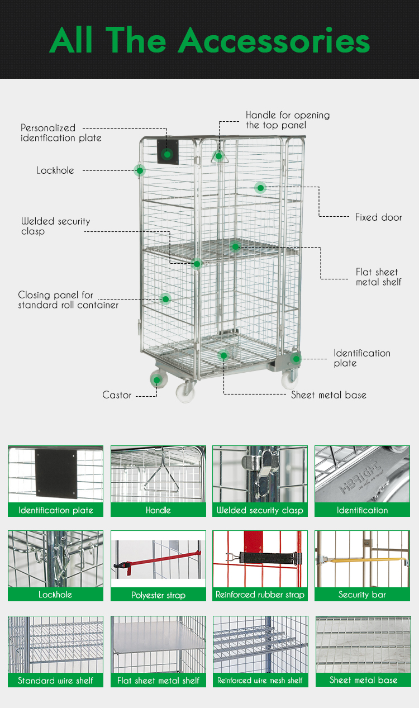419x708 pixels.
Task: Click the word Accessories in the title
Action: (274, 40)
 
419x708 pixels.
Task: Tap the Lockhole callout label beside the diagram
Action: (55, 170)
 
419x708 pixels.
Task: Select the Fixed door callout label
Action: (378, 217)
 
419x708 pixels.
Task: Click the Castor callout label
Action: (117, 395)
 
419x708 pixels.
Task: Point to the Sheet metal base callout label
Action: (328, 395)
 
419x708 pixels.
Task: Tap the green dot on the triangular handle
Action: (219, 156)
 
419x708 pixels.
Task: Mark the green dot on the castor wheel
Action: (158, 381)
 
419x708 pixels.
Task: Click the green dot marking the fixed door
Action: (260, 188)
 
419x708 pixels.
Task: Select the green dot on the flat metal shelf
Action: (236, 246)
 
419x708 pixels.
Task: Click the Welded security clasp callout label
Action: (55, 226)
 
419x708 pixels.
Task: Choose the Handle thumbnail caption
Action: (158, 510)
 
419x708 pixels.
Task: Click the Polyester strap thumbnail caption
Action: (158, 595)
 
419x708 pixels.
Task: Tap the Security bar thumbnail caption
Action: (362, 595)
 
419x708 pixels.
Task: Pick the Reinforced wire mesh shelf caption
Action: (260, 681)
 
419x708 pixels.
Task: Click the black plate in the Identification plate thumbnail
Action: (55, 473)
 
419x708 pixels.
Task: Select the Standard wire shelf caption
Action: (55, 681)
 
